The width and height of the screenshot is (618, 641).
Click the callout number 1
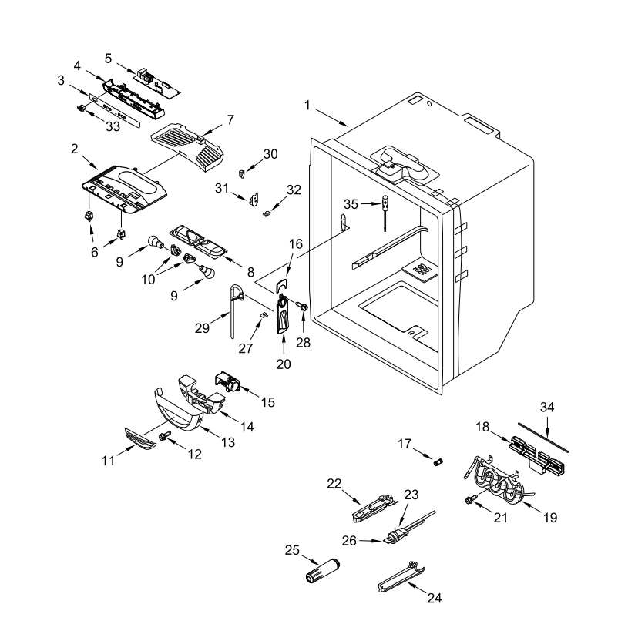click(x=308, y=104)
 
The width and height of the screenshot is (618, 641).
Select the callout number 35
click(x=351, y=205)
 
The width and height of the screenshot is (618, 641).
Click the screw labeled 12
click(x=165, y=437)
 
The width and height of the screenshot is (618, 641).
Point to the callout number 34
click(x=547, y=406)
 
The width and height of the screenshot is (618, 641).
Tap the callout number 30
click(x=270, y=153)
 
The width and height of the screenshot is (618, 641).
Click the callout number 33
click(x=113, y=127)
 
